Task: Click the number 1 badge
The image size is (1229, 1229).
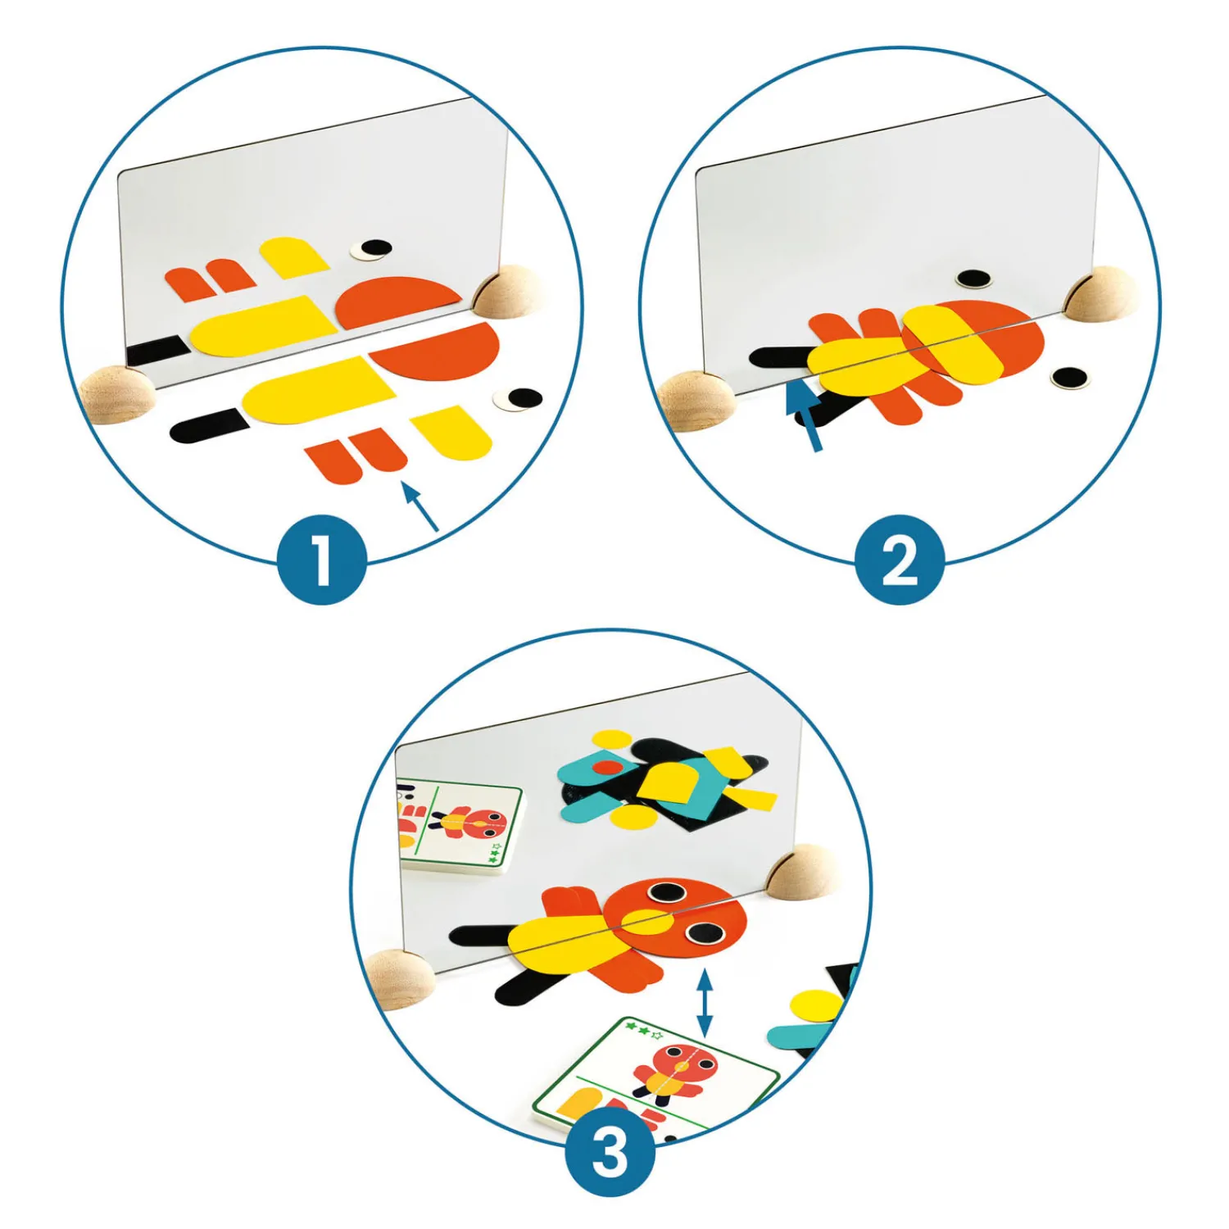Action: coord(321,560)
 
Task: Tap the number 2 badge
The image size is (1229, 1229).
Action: coord(900,560)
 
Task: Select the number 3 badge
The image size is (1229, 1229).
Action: coord(610,1151)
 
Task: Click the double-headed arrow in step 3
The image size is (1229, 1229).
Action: coord(704,1003)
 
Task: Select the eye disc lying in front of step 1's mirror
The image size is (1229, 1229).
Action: coord(519,399)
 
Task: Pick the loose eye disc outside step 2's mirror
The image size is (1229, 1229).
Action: coord(1069,378)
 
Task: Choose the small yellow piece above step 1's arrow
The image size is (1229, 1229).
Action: coord(451,433)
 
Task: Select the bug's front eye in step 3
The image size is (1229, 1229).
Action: coord(704,932)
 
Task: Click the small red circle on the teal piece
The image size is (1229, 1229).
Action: coord(608,768)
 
